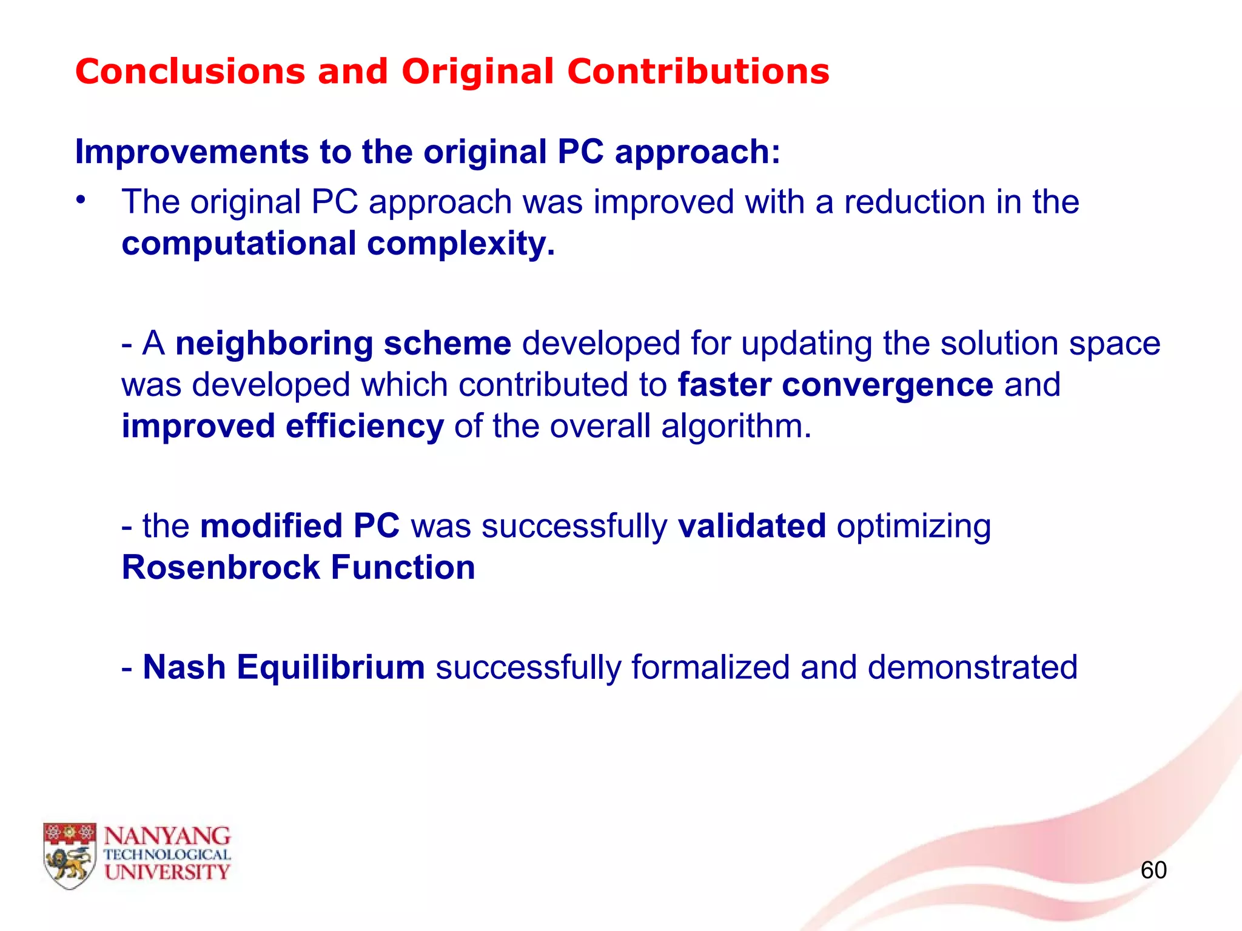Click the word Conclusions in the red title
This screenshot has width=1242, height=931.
[190, 72]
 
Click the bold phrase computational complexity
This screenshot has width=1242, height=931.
[338, 244]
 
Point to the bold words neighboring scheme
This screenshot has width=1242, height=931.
[343, 344]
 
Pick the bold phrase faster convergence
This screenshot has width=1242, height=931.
[835, 385]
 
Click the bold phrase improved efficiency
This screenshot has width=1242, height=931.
[283, 426]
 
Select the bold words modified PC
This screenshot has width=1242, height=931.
[300, 526]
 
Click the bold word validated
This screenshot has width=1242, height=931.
[751, 526]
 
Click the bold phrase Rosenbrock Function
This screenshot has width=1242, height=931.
[298, 568]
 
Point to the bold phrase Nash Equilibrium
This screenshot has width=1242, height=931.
[283, 667]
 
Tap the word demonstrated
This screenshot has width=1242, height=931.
[972, 667]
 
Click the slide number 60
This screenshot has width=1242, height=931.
[1153, 870]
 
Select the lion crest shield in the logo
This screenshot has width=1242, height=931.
[69, 855]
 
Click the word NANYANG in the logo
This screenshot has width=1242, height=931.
[167, 836]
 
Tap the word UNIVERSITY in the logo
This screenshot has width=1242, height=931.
[167, 872]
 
